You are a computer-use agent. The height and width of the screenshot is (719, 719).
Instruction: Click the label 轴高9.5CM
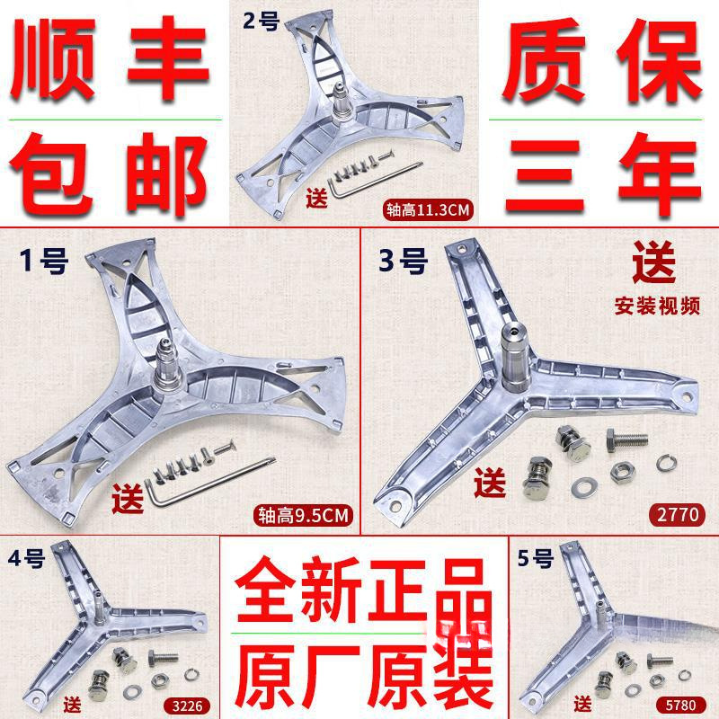pyautogui.click(x=303, y=515)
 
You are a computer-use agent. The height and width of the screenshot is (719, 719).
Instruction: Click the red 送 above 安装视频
pyautogui.click(x=653, y=268)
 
